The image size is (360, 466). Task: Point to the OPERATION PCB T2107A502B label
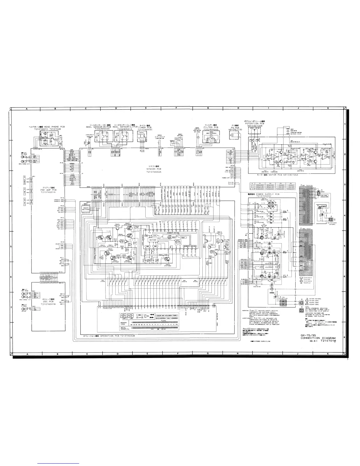[x=117, y=336]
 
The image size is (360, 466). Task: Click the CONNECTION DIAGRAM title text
[x=318, y=338]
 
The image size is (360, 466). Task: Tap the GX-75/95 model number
[x=308, y=335]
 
